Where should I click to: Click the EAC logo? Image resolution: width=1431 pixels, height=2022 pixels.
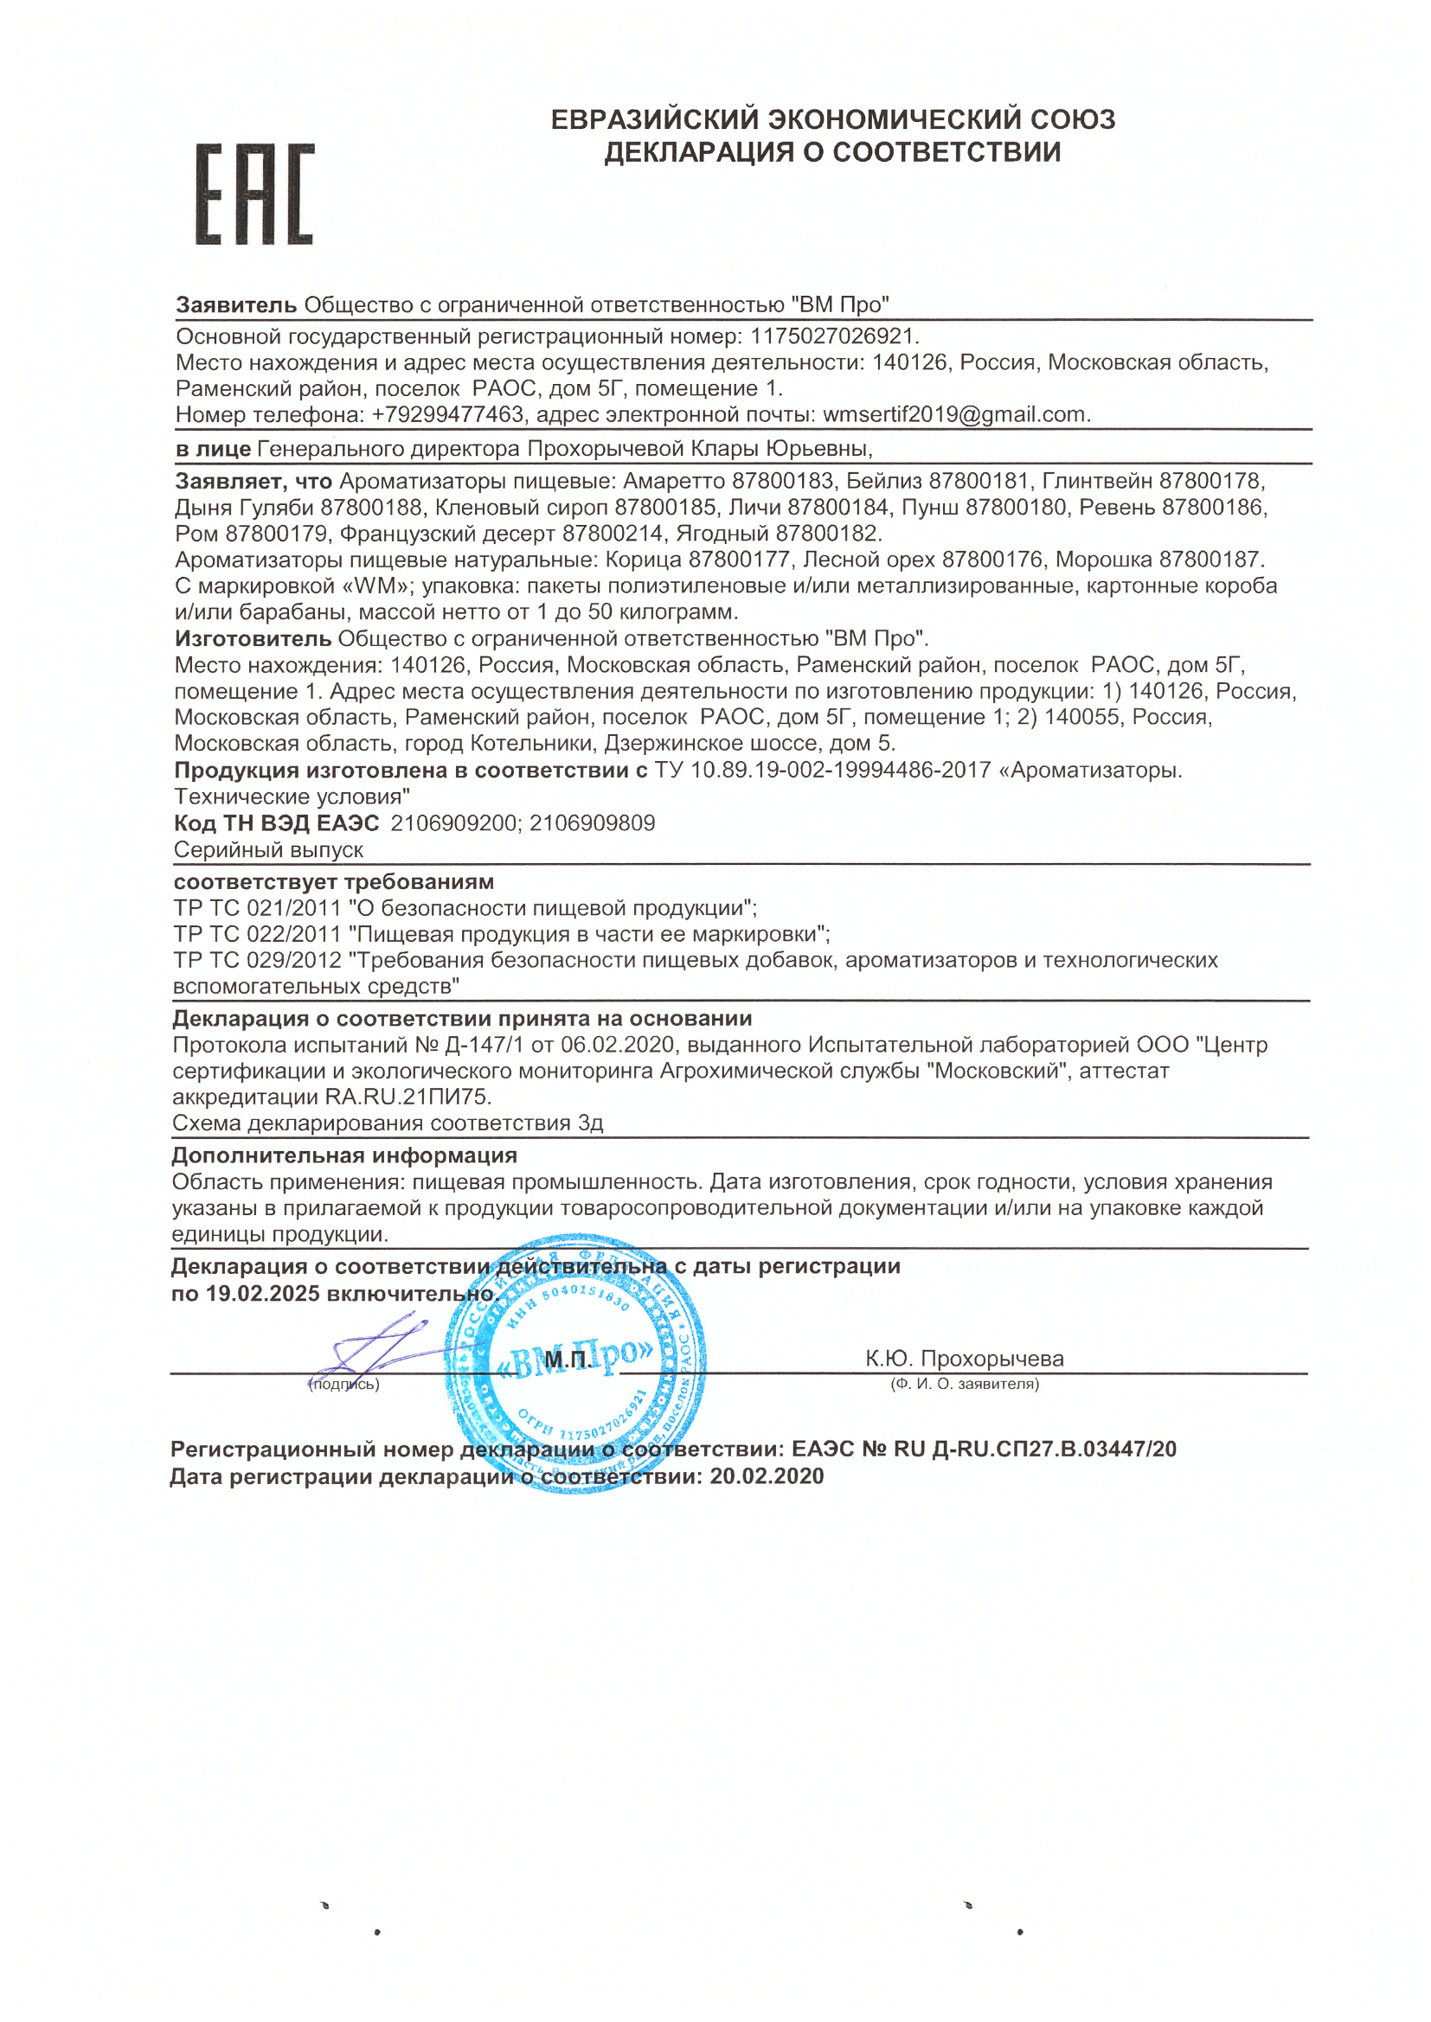(253, 194)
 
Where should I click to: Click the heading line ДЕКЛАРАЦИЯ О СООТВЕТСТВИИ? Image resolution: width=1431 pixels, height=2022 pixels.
(831, 152)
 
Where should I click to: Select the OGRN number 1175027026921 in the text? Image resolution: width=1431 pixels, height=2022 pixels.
(832, 336)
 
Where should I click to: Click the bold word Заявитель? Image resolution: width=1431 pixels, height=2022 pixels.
(236, 304)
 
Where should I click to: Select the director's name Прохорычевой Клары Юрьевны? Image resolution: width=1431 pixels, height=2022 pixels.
(698, 449)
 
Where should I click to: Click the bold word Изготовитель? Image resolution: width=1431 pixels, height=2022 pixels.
(253, 638)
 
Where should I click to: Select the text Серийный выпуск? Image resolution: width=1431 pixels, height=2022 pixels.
(269, 850)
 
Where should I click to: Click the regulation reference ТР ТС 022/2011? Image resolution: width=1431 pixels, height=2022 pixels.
(257, 933)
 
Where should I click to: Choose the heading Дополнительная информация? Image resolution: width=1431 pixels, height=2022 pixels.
(344, 1155)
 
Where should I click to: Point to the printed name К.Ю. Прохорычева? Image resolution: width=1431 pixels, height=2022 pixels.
(964, 1359)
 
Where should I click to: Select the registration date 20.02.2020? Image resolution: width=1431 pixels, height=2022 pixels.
(767, 1477)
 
